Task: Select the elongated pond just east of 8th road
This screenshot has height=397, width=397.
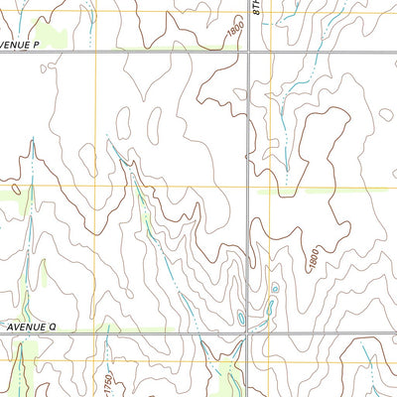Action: (x=268, y=312)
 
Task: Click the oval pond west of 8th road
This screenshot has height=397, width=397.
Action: (x=240, y=319)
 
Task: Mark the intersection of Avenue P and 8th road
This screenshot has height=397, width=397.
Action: (x=249, y=52)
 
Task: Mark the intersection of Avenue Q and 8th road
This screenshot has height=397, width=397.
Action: (x=249, y=333)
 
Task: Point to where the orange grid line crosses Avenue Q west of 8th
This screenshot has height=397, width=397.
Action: (x=96, y=333)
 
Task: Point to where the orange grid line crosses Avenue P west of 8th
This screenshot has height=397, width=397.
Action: (x=96, y=52)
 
